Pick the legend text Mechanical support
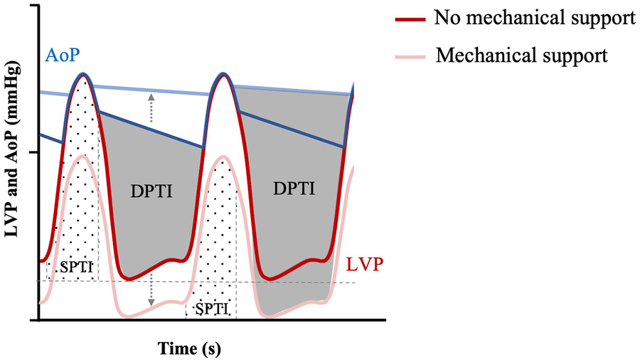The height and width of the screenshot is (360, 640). [x=522, y=55]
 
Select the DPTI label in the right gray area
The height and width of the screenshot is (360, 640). [x=294, y=188]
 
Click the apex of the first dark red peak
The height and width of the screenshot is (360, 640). [x=84, y=75]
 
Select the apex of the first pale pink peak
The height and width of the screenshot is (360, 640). [x=83, y=157]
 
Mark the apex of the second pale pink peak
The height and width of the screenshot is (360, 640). [x=224, y=157]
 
